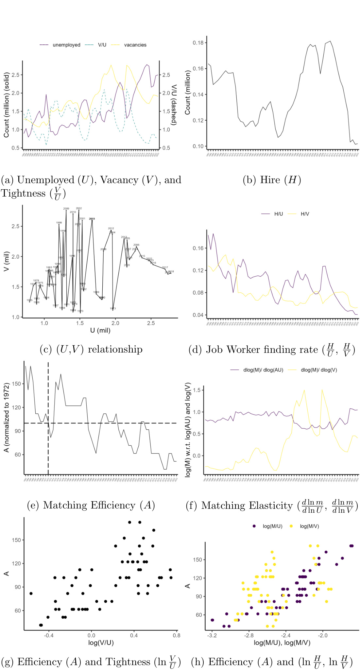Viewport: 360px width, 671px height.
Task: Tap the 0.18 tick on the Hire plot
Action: click(x=198, y=43)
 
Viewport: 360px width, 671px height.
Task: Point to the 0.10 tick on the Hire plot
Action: click(x=198, y=146)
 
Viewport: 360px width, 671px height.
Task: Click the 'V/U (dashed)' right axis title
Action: click(x=174, y=105)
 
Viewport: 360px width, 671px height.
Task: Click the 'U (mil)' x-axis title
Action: click(x=100, y=330)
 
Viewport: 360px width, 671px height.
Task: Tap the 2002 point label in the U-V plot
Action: click(x=79, y=208)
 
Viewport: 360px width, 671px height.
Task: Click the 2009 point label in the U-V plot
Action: click(x=66, y=209)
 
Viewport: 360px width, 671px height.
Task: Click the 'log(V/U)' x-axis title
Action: click(x=101, y=643)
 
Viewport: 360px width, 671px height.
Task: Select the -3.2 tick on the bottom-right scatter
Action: click(x=212, y=635)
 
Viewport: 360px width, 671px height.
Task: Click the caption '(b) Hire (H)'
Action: click(x=272, y=180)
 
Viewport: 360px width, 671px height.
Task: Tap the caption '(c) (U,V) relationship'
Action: click(x=91, y=349)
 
